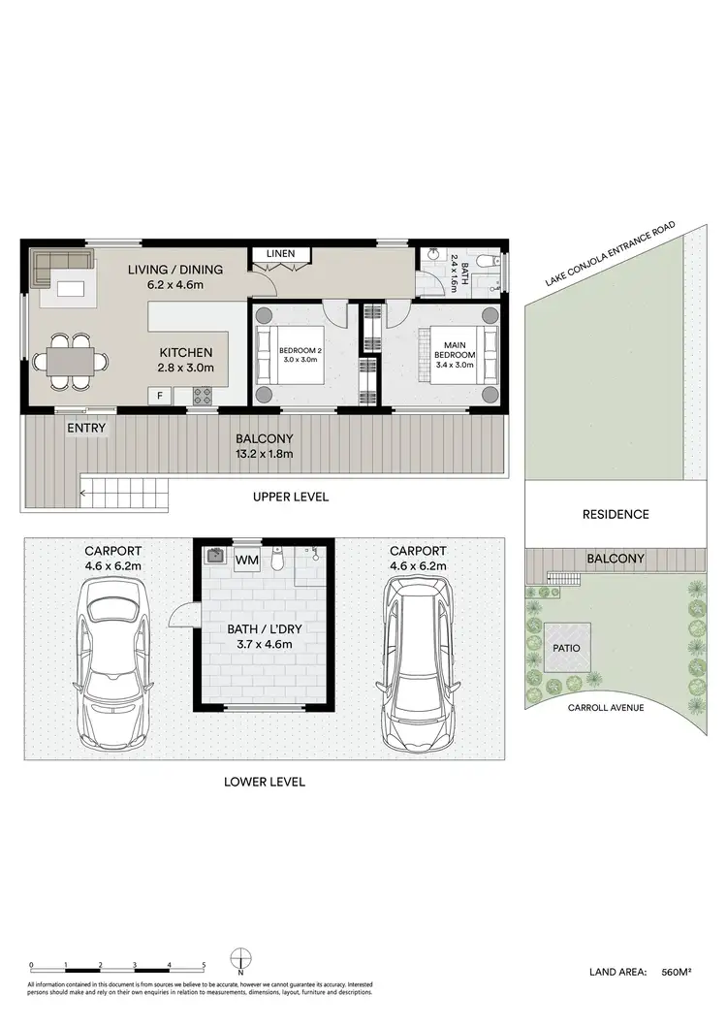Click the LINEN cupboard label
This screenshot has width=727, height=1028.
tap(282, 254)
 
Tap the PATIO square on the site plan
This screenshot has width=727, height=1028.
tap(567, 645)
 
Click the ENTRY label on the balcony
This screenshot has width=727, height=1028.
tap(86, 428)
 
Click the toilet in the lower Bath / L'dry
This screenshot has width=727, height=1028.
tap(276, 560)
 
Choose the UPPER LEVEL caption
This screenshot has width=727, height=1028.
tap(291, 497)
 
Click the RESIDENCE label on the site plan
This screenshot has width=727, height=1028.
tap(616, 514)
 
